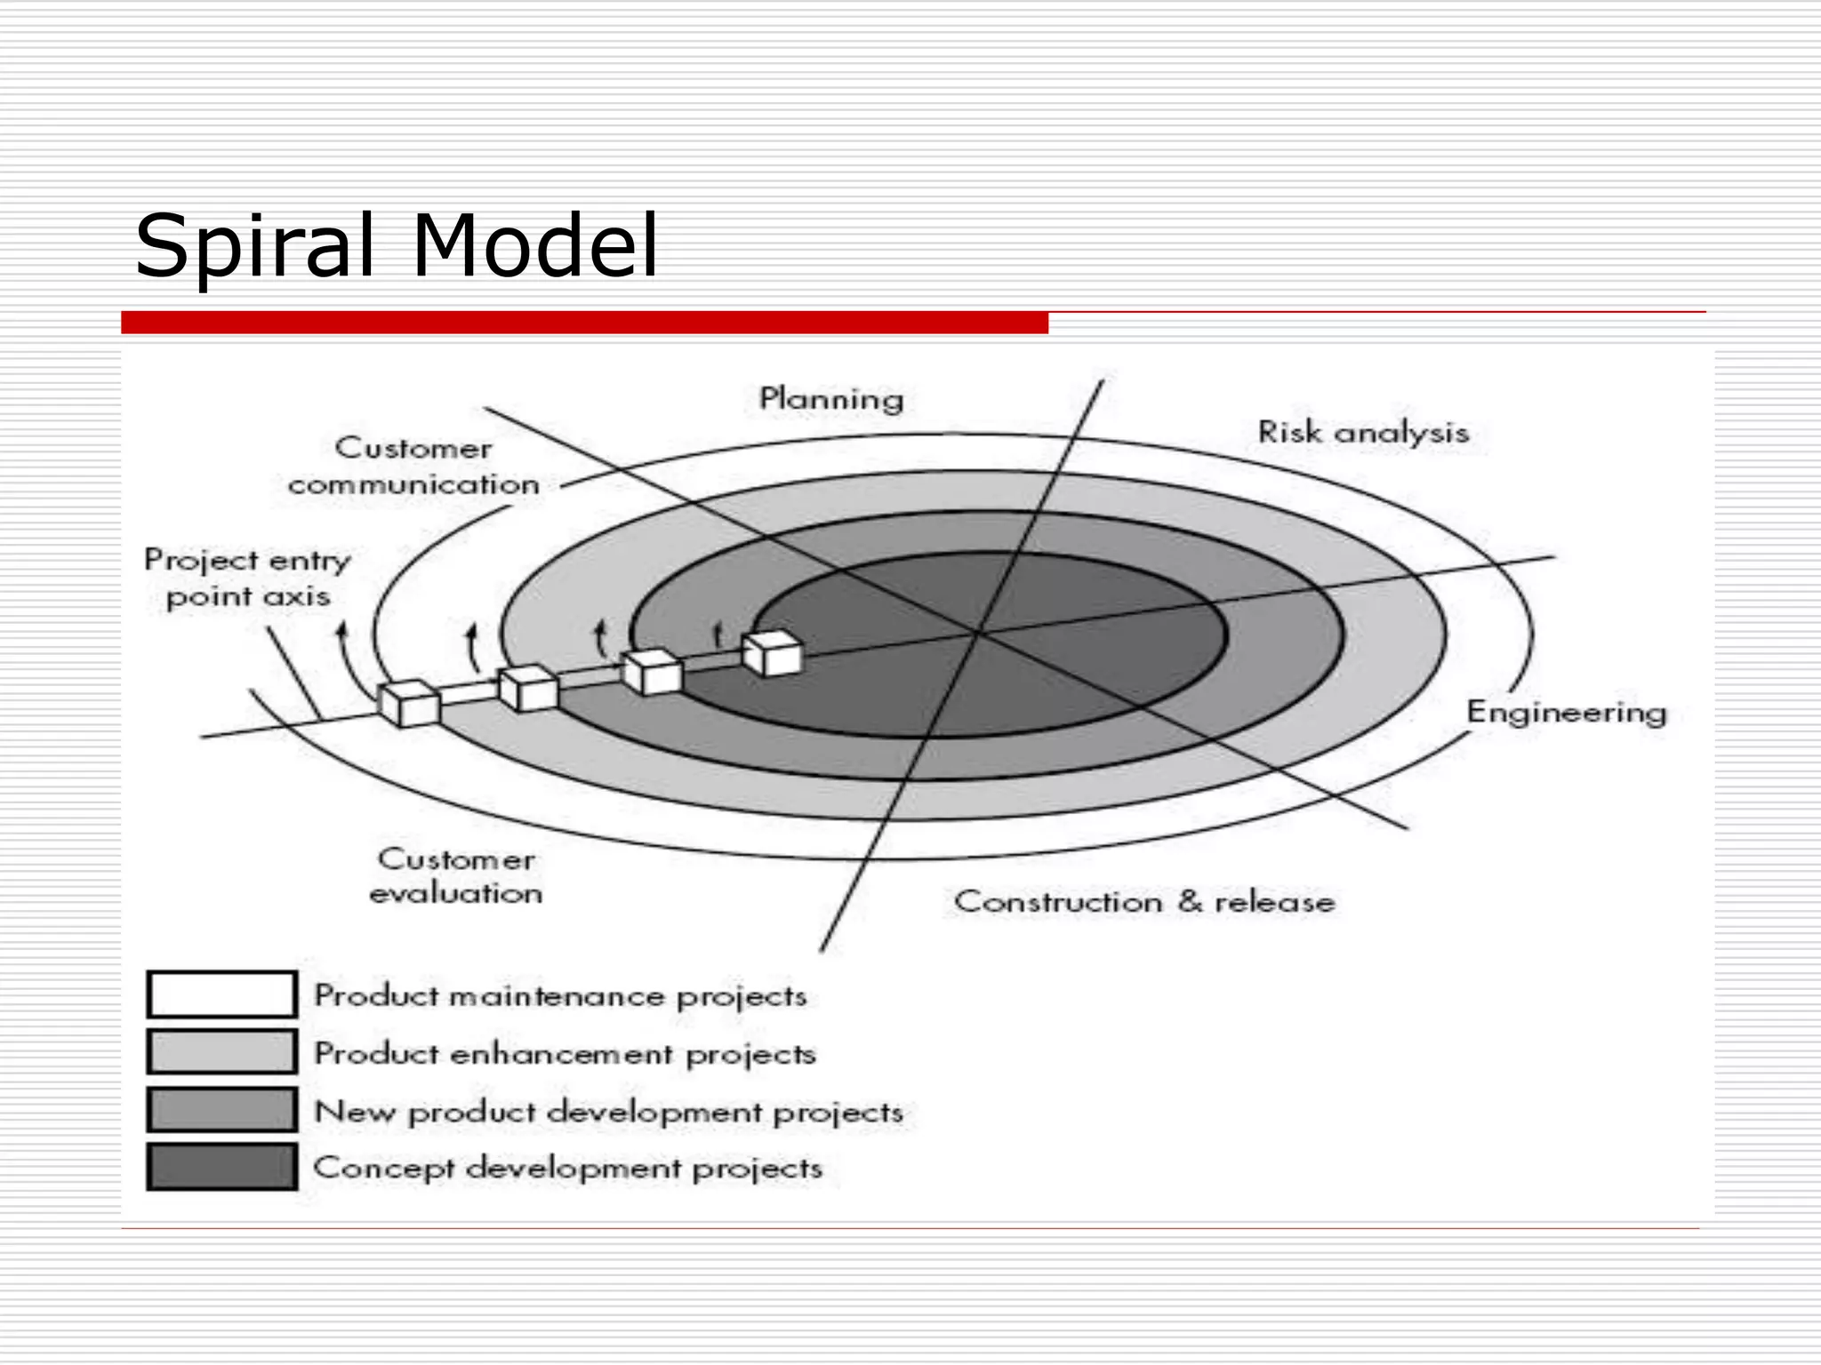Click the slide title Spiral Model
point(397,245)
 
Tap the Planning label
point(831,399)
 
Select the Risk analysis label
point(1362,433)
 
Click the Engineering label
point(1566,713)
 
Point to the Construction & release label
point(1144,902)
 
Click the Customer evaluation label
point(455,876)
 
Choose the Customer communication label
point(413,467)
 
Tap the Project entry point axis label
point(248,578)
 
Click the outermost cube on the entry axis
point(409,704)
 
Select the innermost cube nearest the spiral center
point(772,654)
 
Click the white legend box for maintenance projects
point(222,994)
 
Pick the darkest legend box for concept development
point(222,1167)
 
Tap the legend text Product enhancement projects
point(565,1054)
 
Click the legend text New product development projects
point(609,1112)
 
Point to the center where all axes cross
point(978,632)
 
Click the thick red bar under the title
point(584,323)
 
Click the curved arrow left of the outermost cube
point(346,662)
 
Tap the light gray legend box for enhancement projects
point(222,1052)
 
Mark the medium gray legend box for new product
point(222,1110)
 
